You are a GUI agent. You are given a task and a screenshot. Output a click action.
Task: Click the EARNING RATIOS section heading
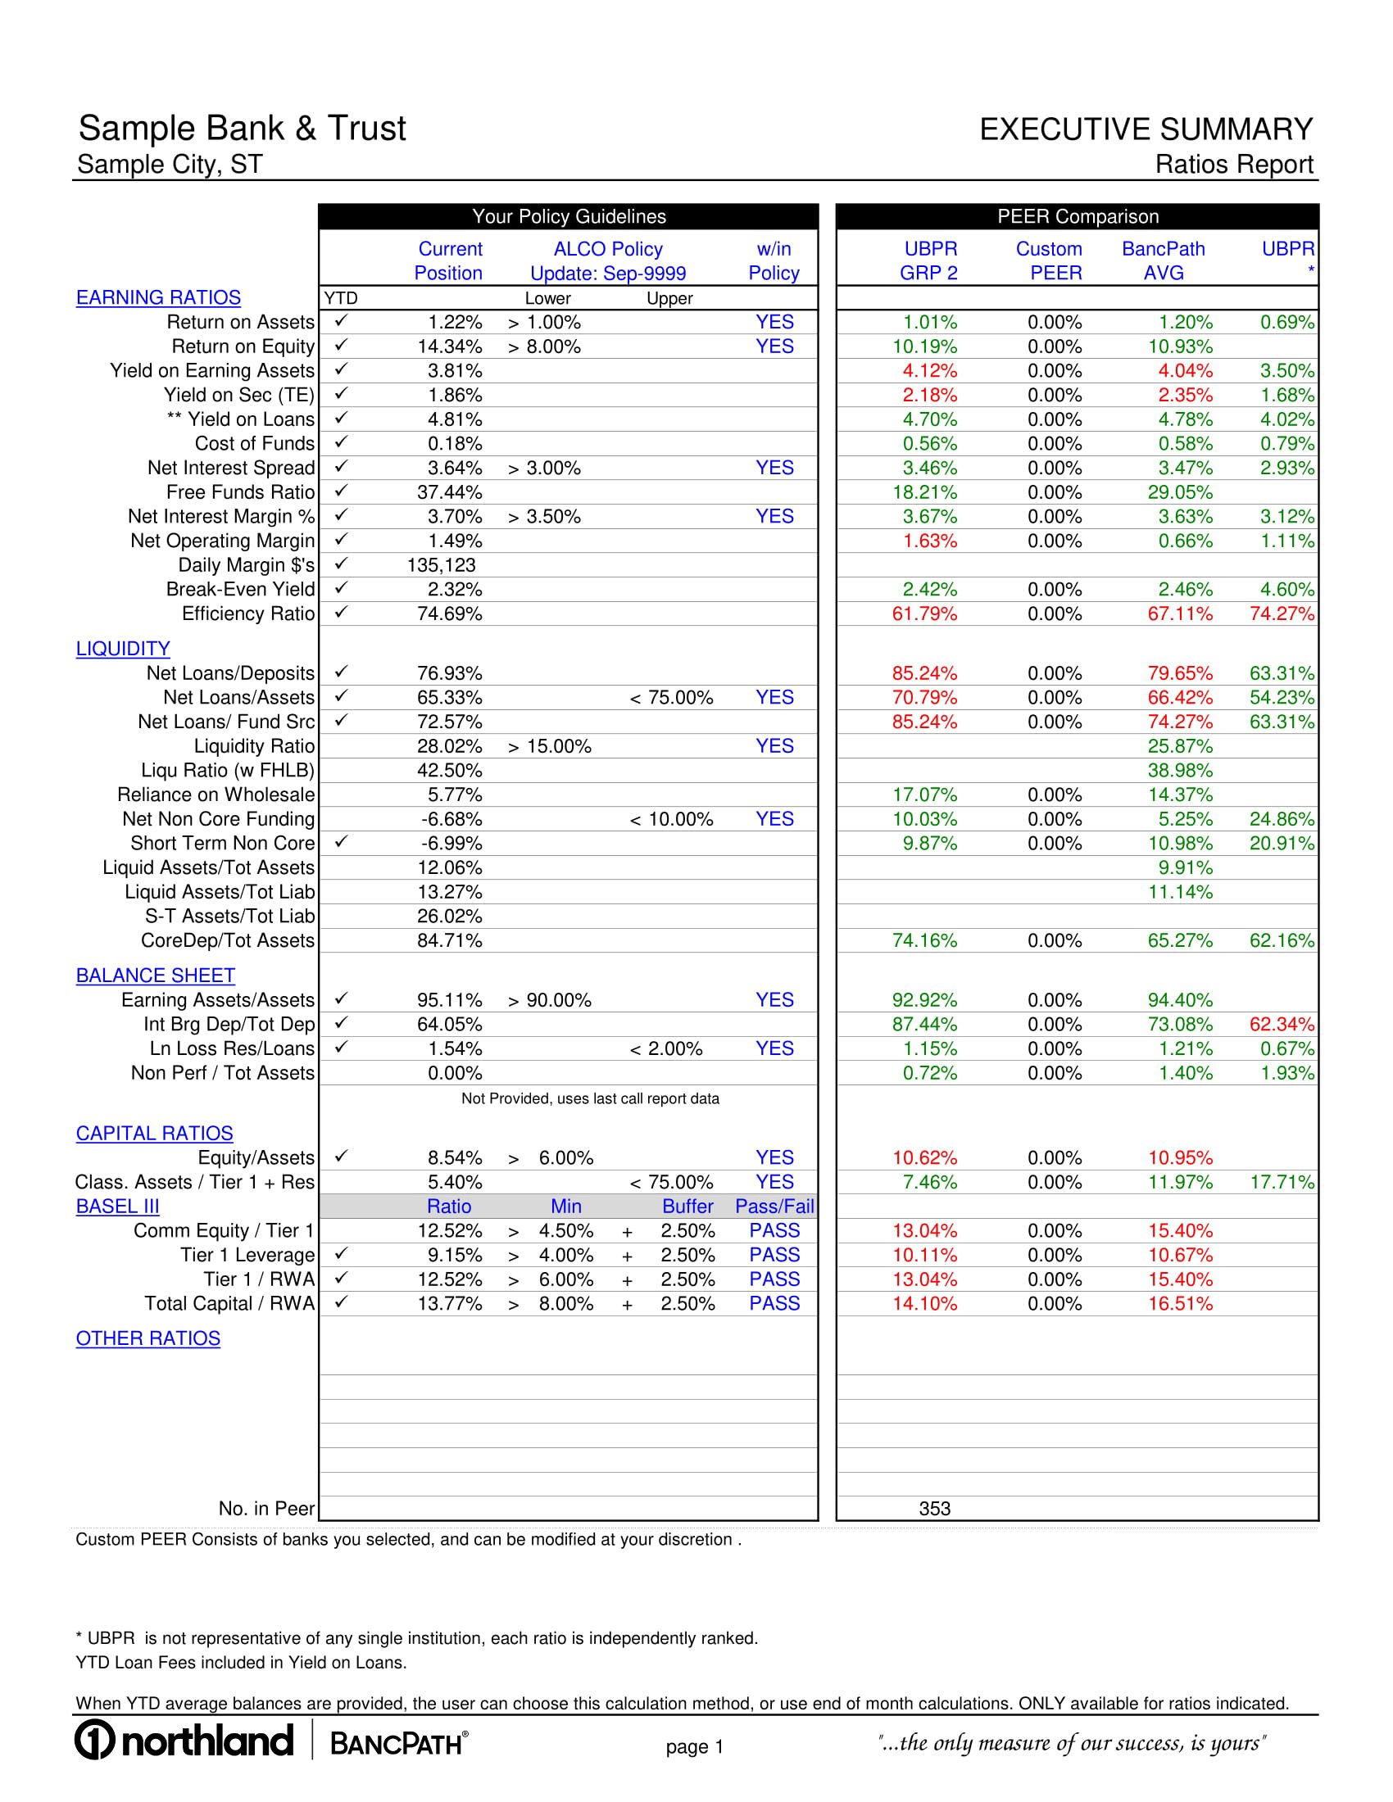[158, 298]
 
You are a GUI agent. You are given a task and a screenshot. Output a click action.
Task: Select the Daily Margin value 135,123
[442, 565]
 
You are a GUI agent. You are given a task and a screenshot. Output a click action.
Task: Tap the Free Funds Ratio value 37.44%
[450, 492]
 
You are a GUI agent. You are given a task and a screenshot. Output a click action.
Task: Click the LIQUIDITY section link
[123, 649]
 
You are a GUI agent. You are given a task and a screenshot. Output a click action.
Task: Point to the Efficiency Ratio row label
[248, 613]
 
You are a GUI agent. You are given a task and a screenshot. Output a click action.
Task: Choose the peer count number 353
[934, 1508]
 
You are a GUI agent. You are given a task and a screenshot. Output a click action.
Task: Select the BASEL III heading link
[117, 1207]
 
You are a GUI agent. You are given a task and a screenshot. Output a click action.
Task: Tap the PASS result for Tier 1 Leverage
[774, 1255]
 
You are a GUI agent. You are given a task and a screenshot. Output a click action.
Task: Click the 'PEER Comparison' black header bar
[1077, 216]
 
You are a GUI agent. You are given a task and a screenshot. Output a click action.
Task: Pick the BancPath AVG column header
[1163, 260]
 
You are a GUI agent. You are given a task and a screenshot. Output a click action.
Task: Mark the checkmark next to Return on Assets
[342, 321]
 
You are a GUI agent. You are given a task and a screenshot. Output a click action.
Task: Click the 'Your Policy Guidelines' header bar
[569, 216]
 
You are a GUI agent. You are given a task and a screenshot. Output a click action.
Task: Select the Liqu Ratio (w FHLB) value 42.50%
[450, 771]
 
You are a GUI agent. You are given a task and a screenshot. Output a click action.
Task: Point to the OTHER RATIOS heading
[148, 1338]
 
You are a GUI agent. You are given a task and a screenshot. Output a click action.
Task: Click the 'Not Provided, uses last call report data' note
[590, 1098]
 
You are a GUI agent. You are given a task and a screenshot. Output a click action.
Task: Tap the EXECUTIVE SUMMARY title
[1146, 129]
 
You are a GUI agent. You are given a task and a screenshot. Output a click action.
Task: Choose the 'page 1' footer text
[695, 1746]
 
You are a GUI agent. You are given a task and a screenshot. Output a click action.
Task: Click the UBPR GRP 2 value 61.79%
[924, 613]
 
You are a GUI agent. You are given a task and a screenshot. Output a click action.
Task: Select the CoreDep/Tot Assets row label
[228, 940]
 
